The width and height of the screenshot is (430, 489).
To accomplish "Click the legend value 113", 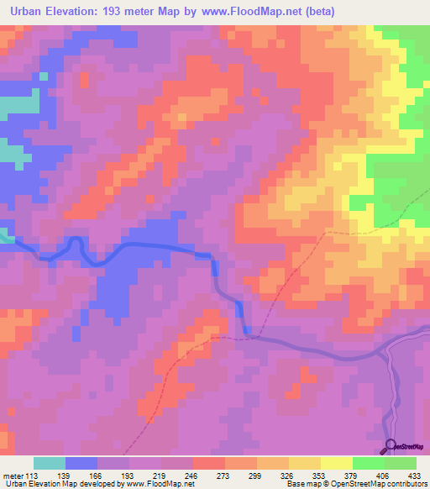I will tap(31, 476).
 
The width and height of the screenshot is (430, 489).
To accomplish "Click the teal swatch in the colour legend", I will tap(49, 463).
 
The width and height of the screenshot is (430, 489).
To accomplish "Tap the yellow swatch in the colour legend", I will tap(337, 463).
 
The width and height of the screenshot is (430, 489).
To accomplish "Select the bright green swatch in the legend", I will tap(368, 463).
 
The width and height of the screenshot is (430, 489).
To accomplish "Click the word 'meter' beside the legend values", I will tap(12, 476).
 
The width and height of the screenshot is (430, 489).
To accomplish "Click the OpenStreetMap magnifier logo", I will tap(391, 446).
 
